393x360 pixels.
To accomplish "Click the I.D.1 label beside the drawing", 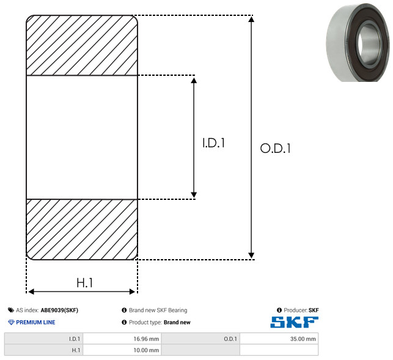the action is click(x=213, y=143).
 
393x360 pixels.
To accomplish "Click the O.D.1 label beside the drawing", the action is click(x=276, y=148).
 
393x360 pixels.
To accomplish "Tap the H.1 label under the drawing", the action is click(x=84, y=283).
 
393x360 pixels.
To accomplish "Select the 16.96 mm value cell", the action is click(x=122, y=339).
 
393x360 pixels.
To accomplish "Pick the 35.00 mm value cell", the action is click(x=279, y=339).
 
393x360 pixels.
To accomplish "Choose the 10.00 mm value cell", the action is click(x=122, y=350).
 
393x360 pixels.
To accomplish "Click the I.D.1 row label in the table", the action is click(x=43, y=339).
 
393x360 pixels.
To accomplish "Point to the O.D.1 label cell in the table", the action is click(x=200, y=339).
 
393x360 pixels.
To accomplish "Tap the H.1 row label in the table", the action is click(x=43, y=350).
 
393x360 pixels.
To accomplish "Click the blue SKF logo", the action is click(x=294, y=322).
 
